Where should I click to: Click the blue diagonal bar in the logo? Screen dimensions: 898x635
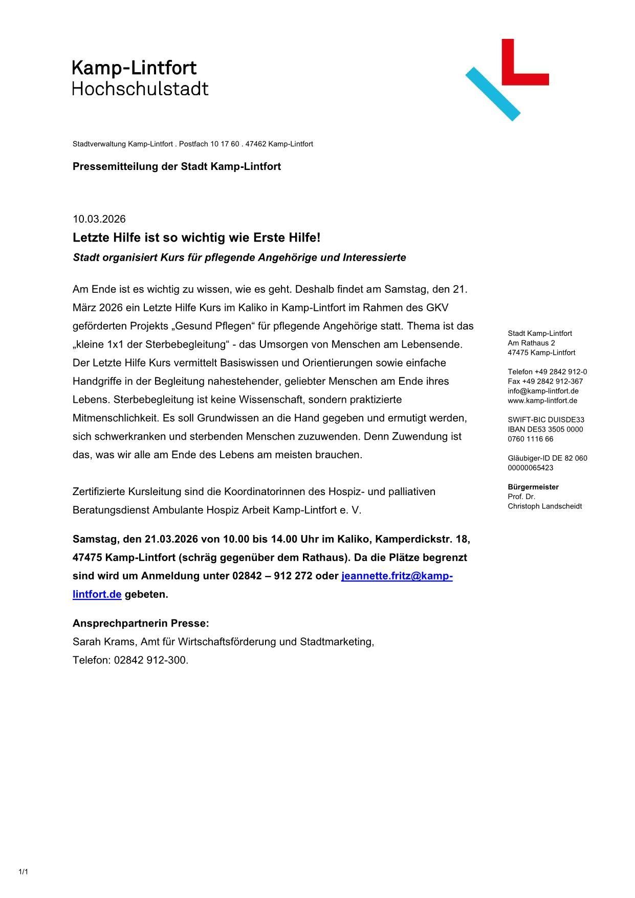(492, 94)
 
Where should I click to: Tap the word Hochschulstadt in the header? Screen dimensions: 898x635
(140, 89)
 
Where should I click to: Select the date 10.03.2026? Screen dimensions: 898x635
(99, 219)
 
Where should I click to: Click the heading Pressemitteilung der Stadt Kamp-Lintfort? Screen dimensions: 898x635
(177, 166)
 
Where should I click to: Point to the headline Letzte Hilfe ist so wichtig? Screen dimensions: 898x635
(196, 238)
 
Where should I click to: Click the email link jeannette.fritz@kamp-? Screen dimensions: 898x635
(397, 576)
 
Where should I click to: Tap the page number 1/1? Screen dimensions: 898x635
(23, 871)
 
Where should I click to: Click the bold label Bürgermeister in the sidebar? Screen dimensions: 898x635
(533, 487)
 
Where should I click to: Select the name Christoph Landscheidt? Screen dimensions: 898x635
(544, 506)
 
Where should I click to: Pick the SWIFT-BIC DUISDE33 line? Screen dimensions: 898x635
(545, 420)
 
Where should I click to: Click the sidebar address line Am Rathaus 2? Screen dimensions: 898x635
(531, 343)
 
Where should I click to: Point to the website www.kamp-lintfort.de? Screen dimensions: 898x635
(542, 400)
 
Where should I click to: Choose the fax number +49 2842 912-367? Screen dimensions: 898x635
(545, 381)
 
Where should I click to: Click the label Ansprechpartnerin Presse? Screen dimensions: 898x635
(141, 624)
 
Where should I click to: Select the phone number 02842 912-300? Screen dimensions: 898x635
(151, 660)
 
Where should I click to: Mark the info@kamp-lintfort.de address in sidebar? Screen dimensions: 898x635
(543, 391)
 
